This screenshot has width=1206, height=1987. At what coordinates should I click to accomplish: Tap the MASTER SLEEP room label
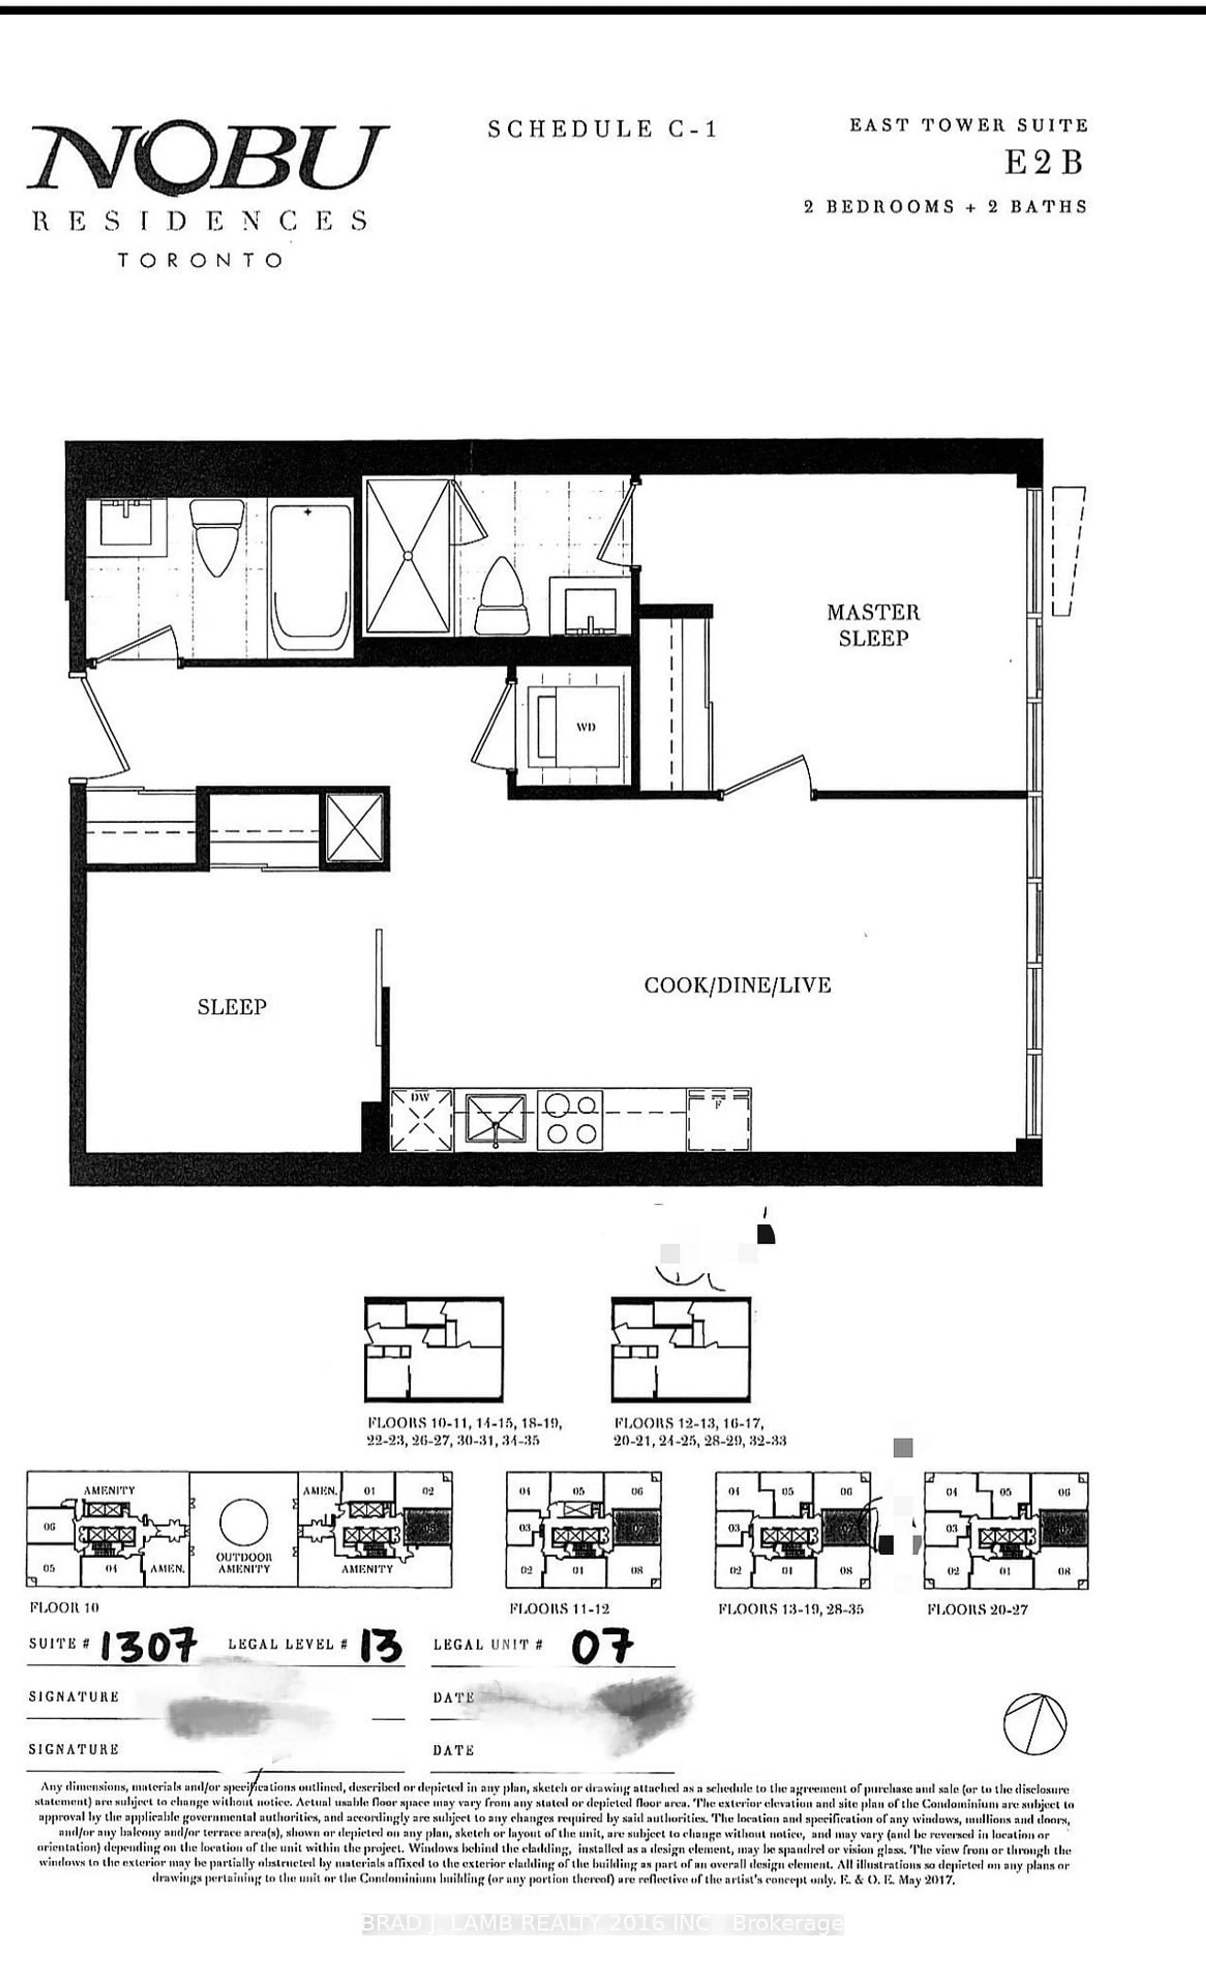click(873, 625)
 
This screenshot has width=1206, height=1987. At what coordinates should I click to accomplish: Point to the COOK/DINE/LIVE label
click(737, 985)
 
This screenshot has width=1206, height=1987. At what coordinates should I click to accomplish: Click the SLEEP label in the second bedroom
click(232, 1007)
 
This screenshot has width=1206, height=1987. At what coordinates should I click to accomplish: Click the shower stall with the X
click(408, 556)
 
